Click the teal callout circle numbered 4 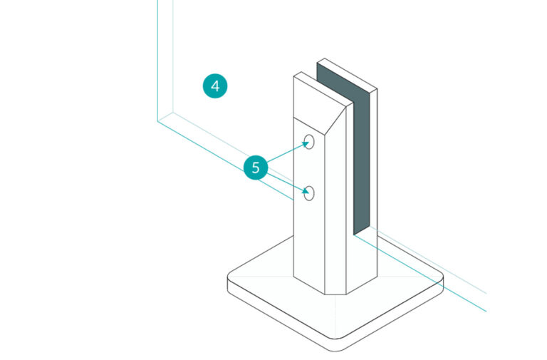[x=215, y=86]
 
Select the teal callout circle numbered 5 [x=256, y=168]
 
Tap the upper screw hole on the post [x=309, y=142]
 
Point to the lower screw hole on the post [x=309, y=192]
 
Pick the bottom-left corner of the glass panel [x=158, y=120]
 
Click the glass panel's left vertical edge [x=157, y=57]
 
